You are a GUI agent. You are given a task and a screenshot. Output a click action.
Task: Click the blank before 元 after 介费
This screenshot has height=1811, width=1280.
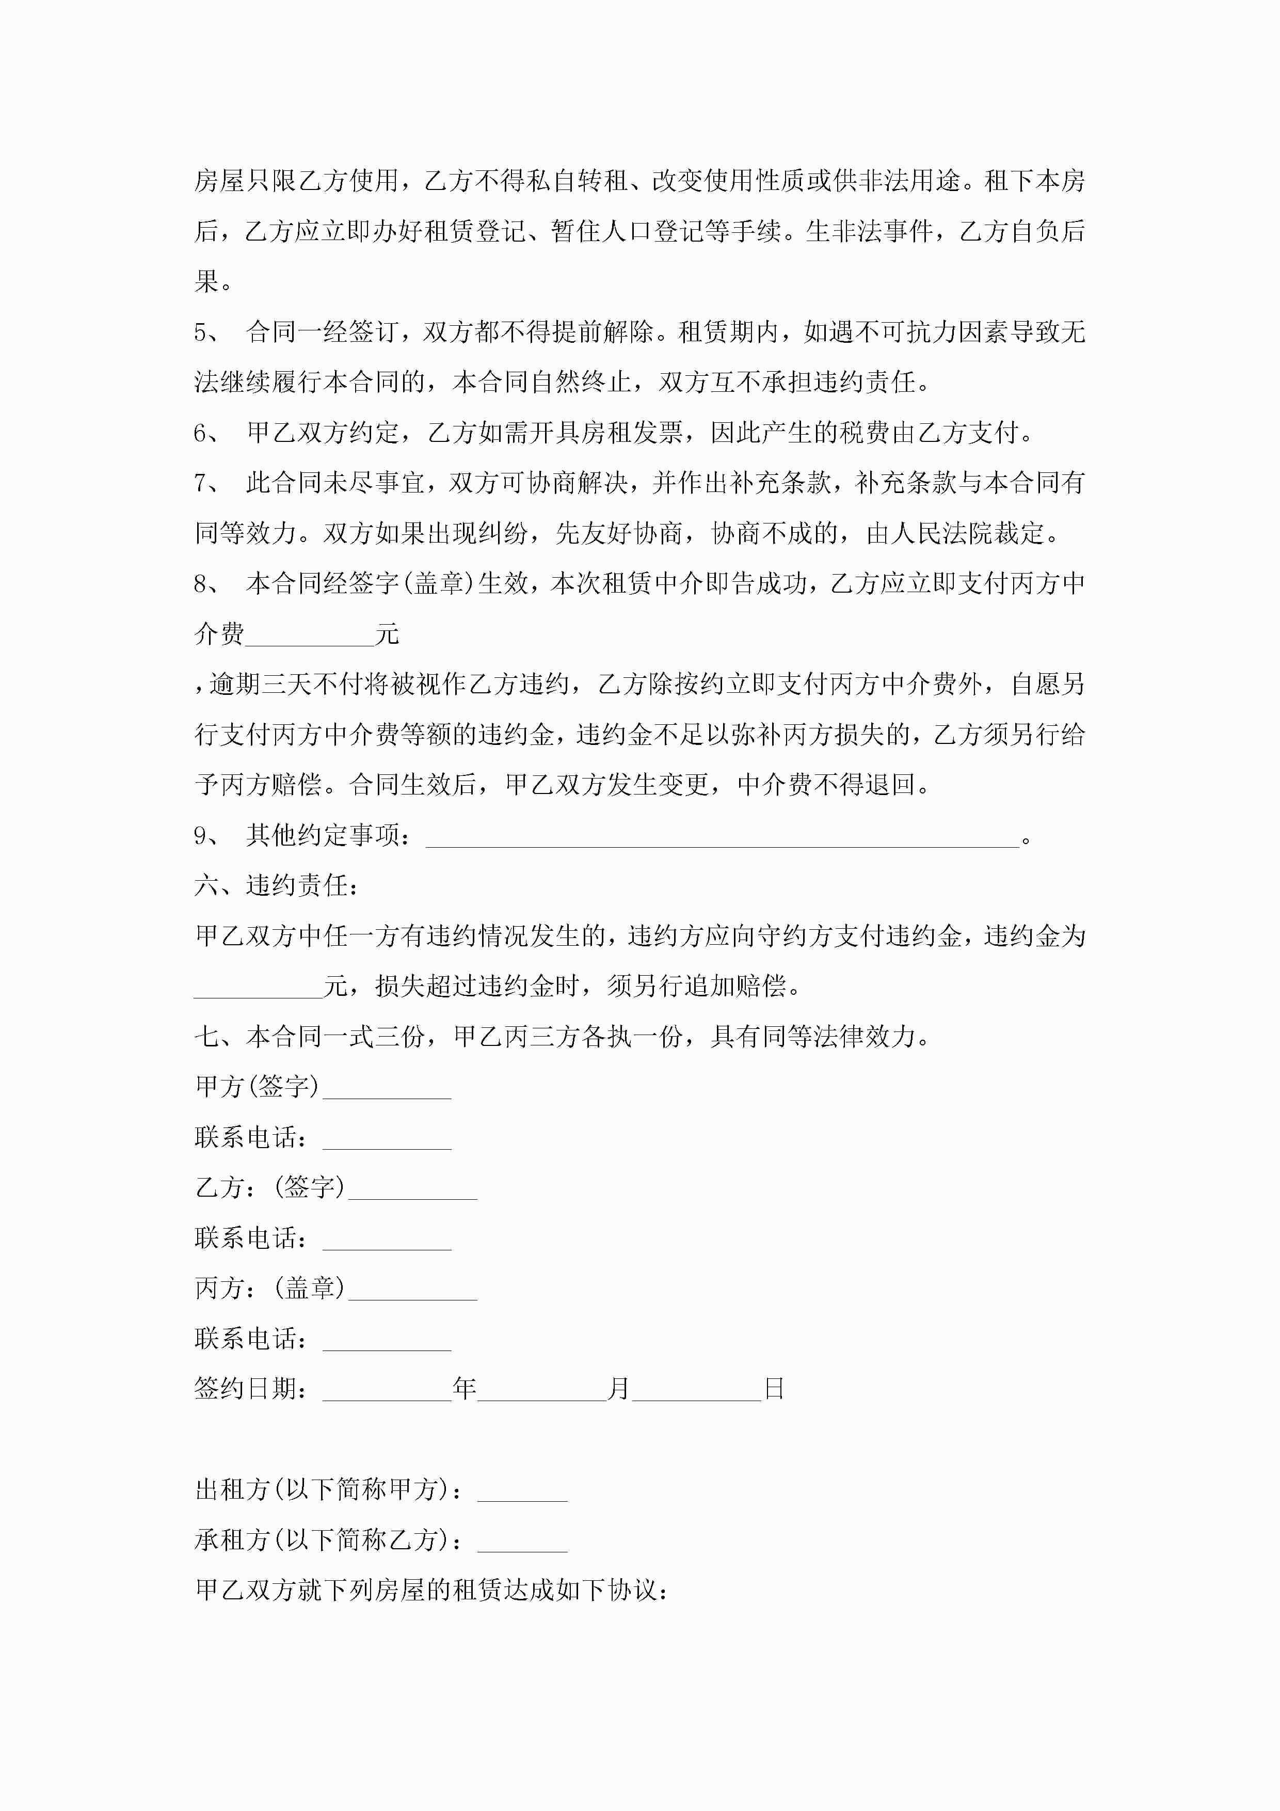tap(309, 638)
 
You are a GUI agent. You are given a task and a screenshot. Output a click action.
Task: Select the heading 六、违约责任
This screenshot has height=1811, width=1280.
tap(276, 886)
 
